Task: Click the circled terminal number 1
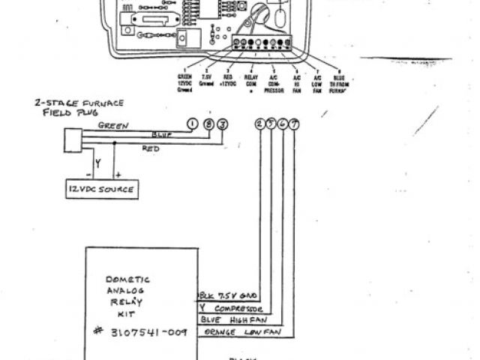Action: [193, 124]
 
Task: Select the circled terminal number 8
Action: [209, 124]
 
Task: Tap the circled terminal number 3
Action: [223, 124]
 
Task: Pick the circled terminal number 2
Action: [260, 124]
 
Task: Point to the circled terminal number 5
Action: [271, 124]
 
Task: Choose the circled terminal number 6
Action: [283, 124]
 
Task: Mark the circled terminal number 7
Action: [294, 124]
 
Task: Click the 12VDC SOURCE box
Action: [99, 189]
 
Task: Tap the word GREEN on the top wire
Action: [112, 125]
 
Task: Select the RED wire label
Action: [151, 148]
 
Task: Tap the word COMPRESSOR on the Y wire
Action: [238, 308]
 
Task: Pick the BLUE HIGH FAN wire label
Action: [230, 320]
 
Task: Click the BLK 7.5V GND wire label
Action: [229, 296]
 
